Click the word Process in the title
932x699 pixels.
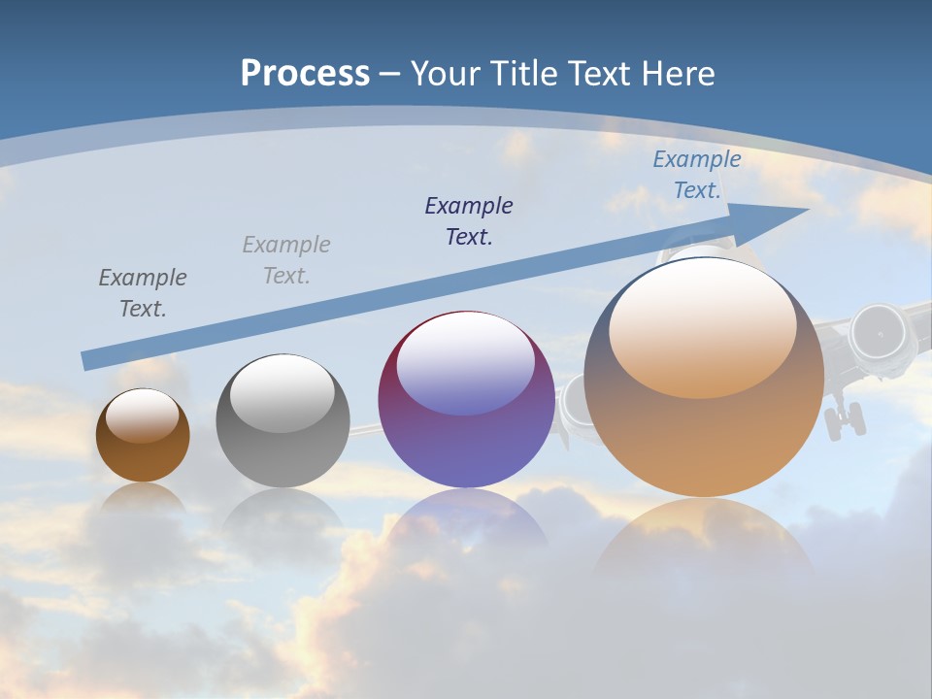(305, 73)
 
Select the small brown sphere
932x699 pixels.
(143, 437)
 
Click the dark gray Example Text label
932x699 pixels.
(143, 292)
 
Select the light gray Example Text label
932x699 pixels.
(286, 259)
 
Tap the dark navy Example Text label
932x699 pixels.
(469, 220)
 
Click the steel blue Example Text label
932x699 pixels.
(697, 175)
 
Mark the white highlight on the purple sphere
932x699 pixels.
(466, 364)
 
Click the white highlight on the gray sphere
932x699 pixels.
(283, 393)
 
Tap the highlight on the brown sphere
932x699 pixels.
(143, 416)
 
